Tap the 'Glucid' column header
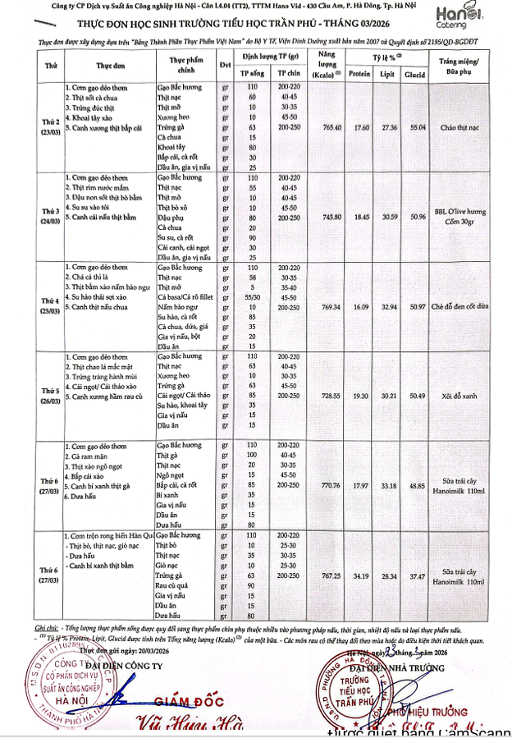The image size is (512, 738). (415, 73)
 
